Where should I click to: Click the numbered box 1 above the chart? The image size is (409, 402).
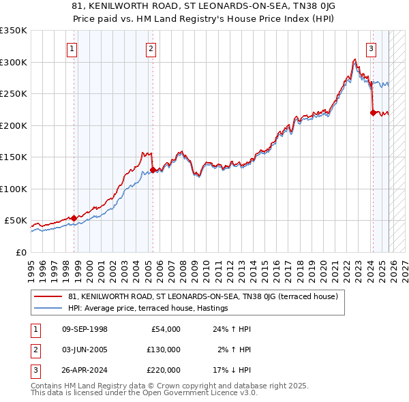72,48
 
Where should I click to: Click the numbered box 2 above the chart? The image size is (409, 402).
151,48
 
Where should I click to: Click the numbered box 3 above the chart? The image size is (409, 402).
371,48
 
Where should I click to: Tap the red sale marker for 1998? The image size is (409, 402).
74,218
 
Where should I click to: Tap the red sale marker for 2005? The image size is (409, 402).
152,170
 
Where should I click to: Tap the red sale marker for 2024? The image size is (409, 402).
373,112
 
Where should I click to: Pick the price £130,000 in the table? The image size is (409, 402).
163,350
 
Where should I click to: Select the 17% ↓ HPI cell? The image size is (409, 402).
232,370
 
